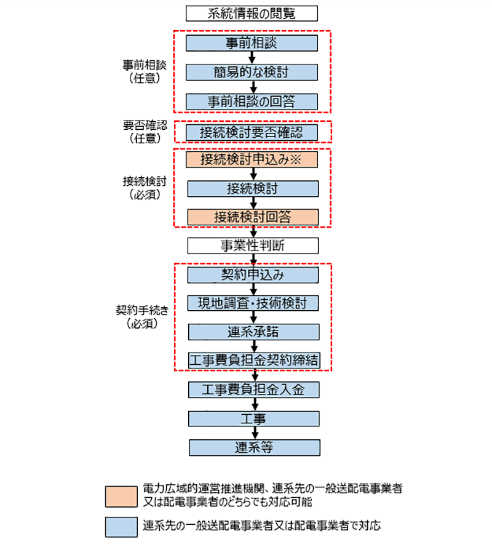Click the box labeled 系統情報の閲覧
click(252, 13)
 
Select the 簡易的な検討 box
click(252, 72)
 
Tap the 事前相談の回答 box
click(252, 102)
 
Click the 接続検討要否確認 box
click(252, 131)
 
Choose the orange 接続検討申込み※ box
click(252, 159)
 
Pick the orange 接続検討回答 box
click(252, 217)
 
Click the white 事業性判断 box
click(252, 246)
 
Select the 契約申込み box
click(252, 274)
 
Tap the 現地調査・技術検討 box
click(252, 303)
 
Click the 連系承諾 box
click(252, 332)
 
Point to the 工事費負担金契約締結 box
click(252, 361)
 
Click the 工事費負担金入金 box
click(252, 389)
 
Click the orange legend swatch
click(121, 495)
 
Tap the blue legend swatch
click(121, 526)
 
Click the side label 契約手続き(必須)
click(145, 317)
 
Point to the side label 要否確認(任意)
click(145, 132)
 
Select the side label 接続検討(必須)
click(145, 188)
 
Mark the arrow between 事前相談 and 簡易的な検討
click(252, 58)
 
